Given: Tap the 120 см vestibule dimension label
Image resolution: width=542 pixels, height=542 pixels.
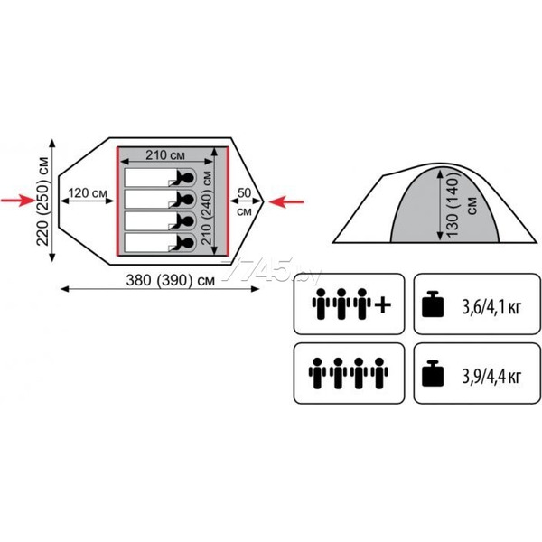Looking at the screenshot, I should click(x=88, y=193).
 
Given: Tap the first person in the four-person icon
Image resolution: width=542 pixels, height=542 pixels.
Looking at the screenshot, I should click(x=317, y=372).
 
